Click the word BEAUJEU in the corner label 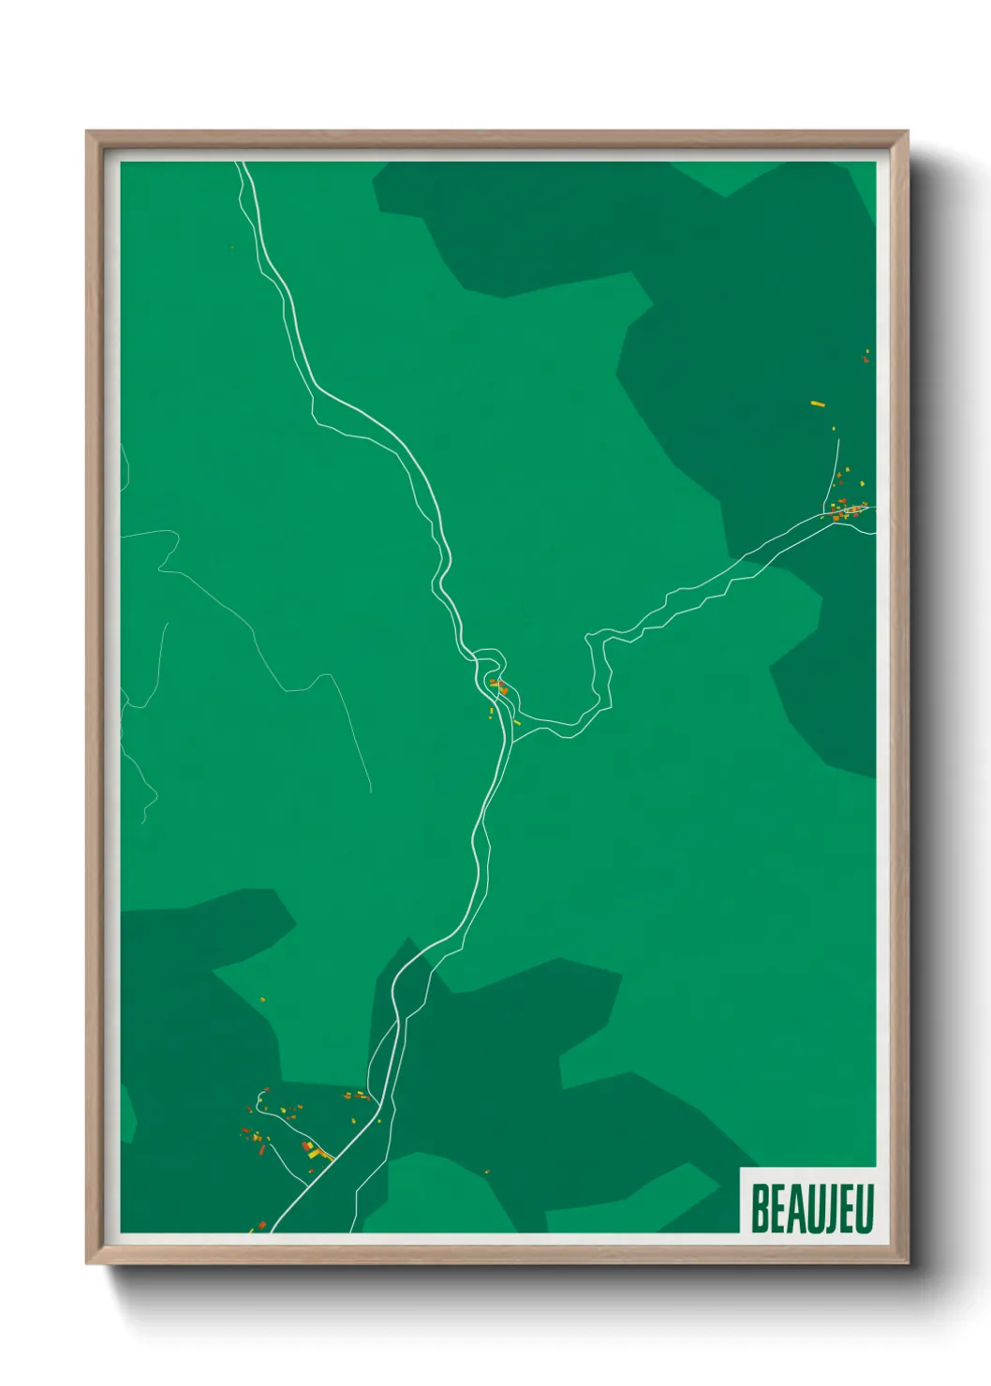[811, 1209]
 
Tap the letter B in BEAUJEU [760, 1209]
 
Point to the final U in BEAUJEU [865, 1209]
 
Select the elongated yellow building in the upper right [817, 404]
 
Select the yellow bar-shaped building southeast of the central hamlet [517, 722]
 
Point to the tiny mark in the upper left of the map [231, 247]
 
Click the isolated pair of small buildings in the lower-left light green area [261, 1000]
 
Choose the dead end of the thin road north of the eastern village [838, 439]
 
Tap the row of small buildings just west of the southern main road [357, 1096]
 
